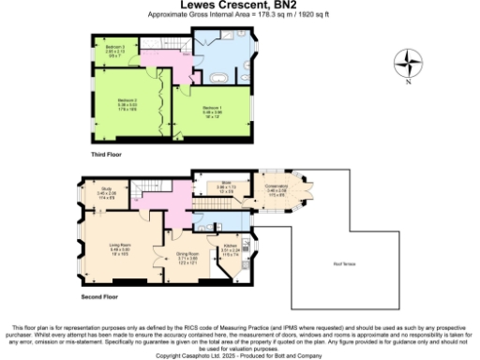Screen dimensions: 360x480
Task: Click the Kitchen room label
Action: click(x=231, y=252)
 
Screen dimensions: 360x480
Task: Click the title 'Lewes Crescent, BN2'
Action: click(x=238, y=6)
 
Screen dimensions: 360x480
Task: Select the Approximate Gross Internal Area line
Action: click(x=238, y=16)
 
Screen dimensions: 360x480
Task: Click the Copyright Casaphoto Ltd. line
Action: click(x=240, y=354)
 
